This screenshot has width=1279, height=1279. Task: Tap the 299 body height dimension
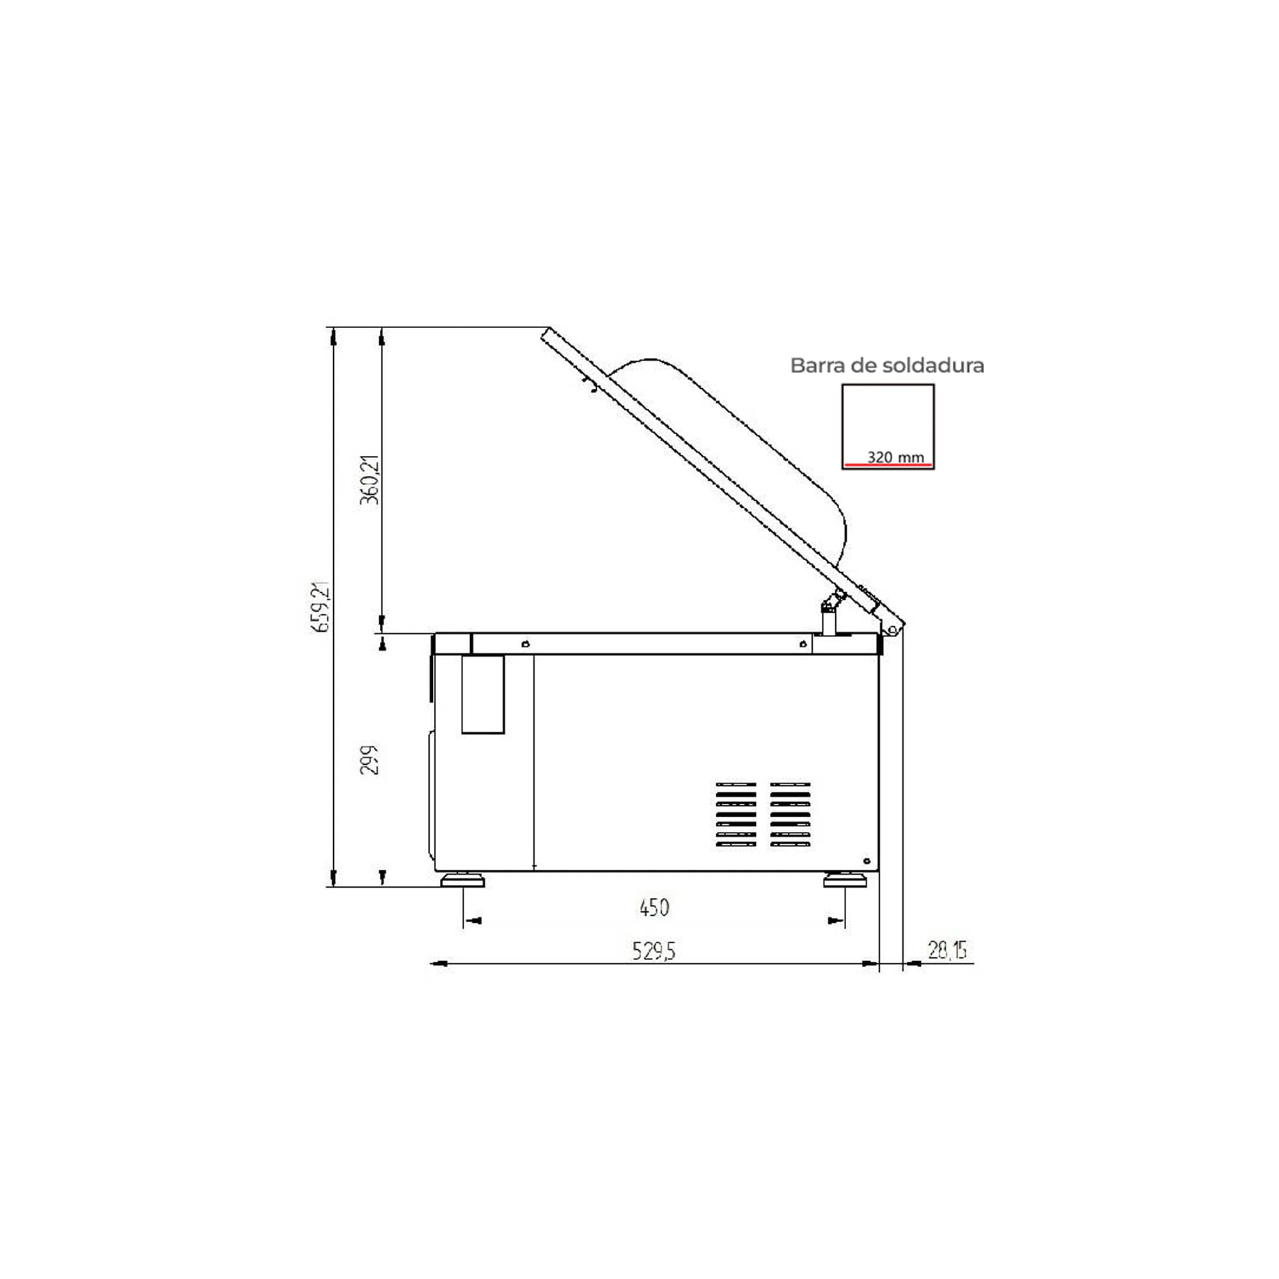click(370, 760)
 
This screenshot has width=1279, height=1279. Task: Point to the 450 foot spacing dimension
click(654, 907)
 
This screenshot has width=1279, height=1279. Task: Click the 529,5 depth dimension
click(654, 952)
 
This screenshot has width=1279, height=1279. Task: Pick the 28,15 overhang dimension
click(947, 950)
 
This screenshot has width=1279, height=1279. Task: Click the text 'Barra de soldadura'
click(887, 365)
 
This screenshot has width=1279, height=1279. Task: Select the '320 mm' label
click(896, 457)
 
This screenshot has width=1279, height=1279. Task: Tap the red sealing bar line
click(888, 465)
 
